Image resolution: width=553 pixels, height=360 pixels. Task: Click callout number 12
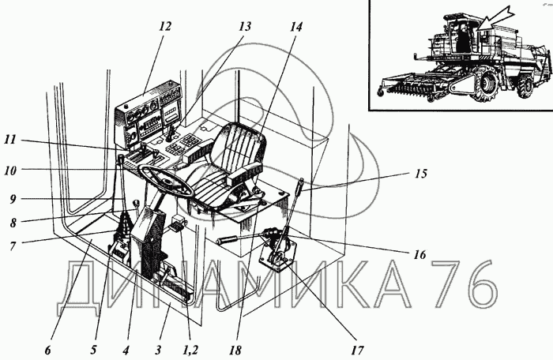coord(164,26)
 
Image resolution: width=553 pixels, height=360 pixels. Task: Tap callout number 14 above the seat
coord(295,26)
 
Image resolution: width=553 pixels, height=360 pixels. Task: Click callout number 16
coord(419,255)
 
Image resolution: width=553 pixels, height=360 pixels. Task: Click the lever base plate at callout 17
coord(282,261)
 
